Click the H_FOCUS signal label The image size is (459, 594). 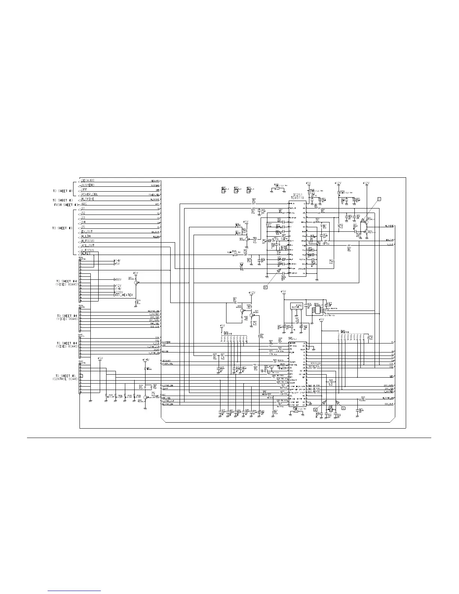tap(88, 241)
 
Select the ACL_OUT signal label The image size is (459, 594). tap(88, 246)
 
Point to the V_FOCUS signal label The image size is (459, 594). tap(88, 250)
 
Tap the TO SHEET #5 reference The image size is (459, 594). tap(67, 375)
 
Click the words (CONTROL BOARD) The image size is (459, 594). tap(65, 379)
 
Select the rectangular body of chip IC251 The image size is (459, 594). tap(297, 240)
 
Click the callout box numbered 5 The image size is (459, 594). tap(379, 199)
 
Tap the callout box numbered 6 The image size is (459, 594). tap(265, 287)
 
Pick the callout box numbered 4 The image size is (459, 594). tap(315, 410)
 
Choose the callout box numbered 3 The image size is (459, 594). tap(343, 408)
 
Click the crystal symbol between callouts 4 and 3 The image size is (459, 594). tap(330, 409)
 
